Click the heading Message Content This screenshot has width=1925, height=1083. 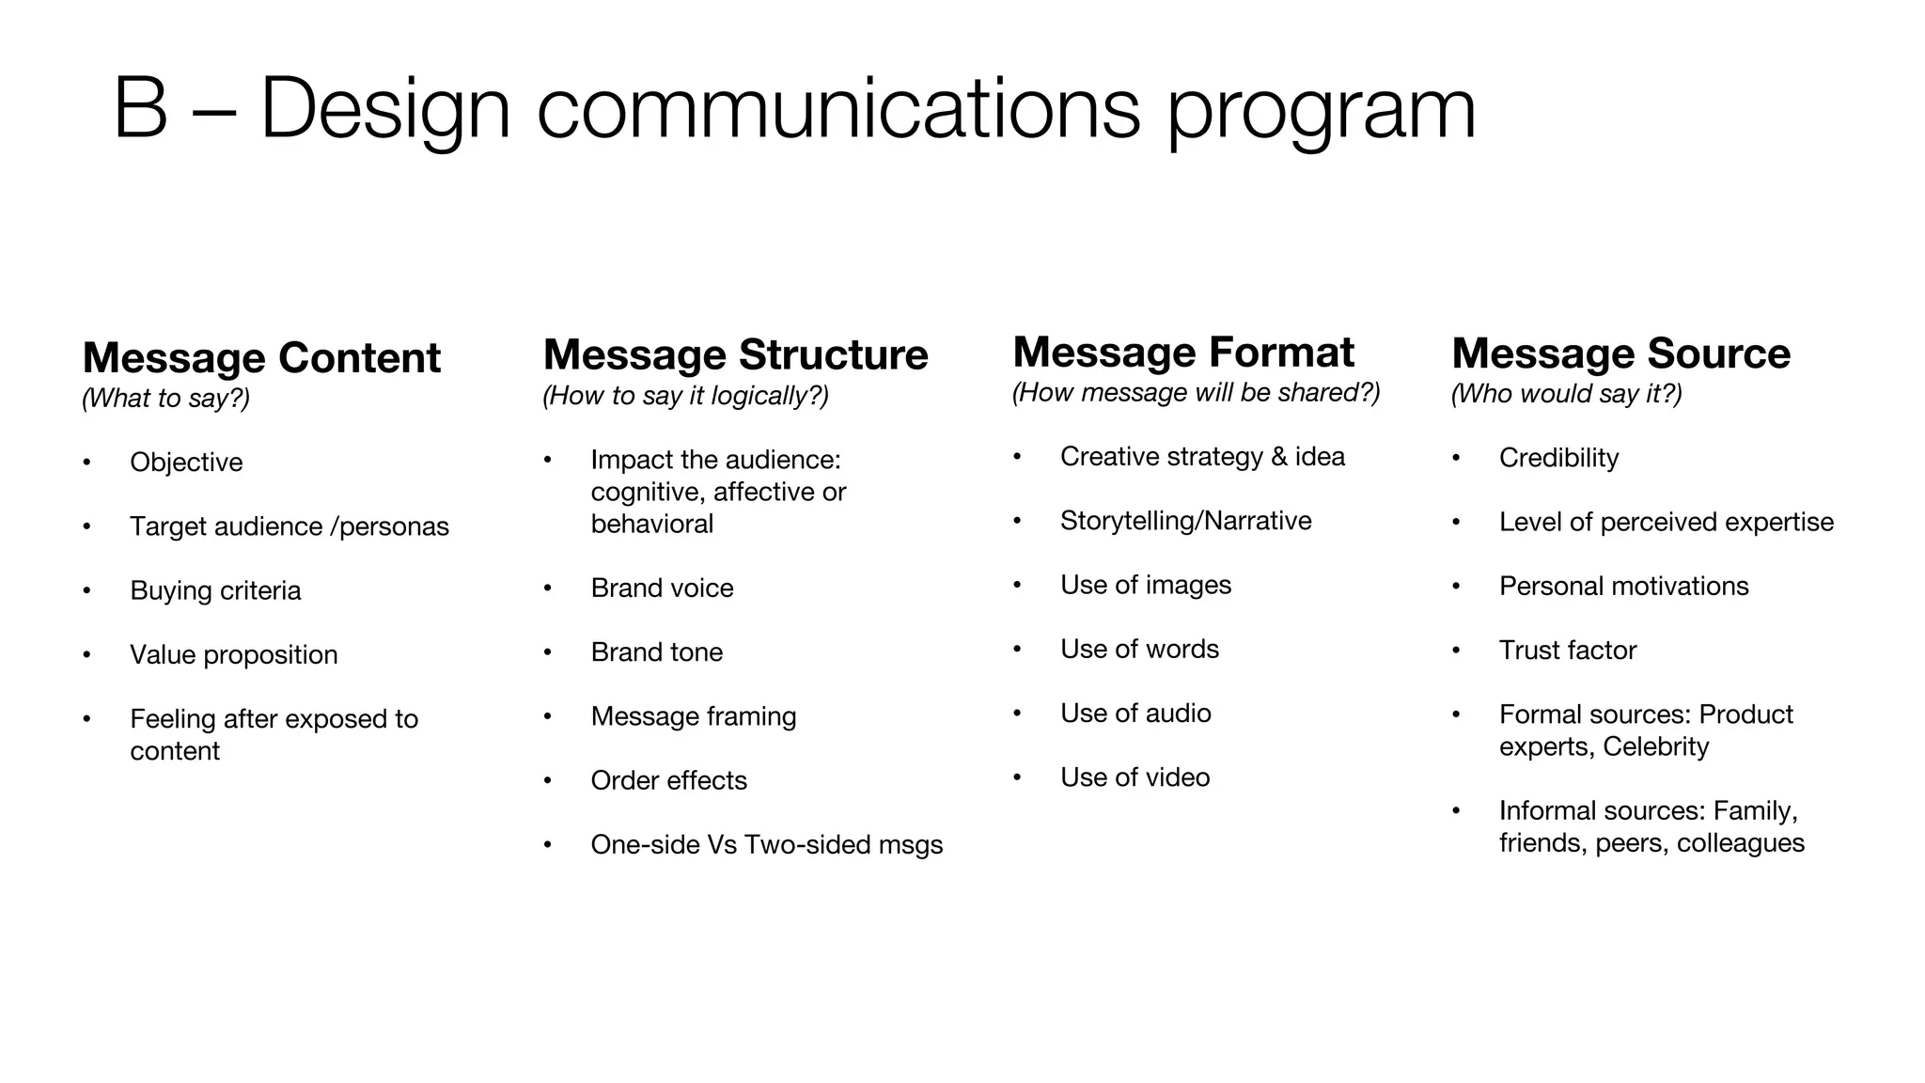(x=261, y=358)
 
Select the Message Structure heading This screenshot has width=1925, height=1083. (x=735, y=355)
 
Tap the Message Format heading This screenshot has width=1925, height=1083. (x=1183, y=353)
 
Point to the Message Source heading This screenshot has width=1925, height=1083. (x=1620, y=353)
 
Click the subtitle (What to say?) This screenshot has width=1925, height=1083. (x=165, y=399)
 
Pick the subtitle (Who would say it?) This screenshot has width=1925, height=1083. (x=1566, y=394)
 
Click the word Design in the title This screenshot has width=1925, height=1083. (x=385, y=110)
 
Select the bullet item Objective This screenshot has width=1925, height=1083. (x=186, y=463)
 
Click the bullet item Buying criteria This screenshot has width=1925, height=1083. (x=215, y=591)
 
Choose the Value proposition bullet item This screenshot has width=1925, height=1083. (x=233, y=655)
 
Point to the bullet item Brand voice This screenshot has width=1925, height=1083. (x=662, y=589)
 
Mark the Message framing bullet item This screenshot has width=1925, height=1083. (x=693, y=717)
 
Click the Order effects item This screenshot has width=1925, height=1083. (x=668, y=781)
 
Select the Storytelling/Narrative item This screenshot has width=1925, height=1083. (x=1185, y=522)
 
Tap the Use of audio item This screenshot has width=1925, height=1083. (x=1135, y=714)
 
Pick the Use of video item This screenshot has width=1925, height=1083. (x=1135, y=778)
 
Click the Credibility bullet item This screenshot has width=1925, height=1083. (x=1558, y=459)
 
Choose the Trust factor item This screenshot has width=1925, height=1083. (x=1567, y=651)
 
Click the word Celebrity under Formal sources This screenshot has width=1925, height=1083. (x=1655, y=747)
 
